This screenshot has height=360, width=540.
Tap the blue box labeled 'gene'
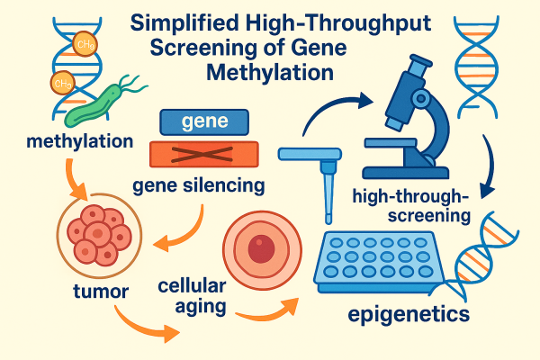[x=204, y=121]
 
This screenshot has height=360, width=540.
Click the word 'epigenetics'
[x=408, y=315]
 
